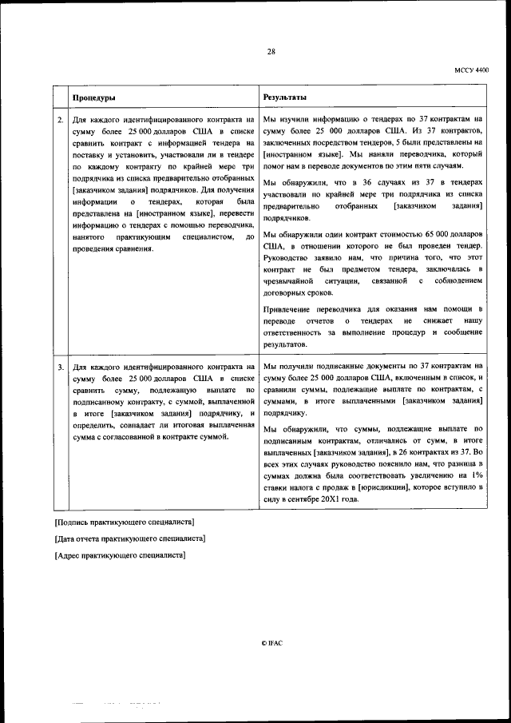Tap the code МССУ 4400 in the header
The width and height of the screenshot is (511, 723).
[x=471, y=70]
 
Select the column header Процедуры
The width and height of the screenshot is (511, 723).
[x=93, y=97]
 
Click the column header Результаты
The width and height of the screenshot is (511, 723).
[x=284, y=97]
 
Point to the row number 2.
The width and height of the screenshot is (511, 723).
[x=60, y=120]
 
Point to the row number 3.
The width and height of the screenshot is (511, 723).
[x=60, y=367]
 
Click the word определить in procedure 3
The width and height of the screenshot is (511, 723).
[x=94, y=427]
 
